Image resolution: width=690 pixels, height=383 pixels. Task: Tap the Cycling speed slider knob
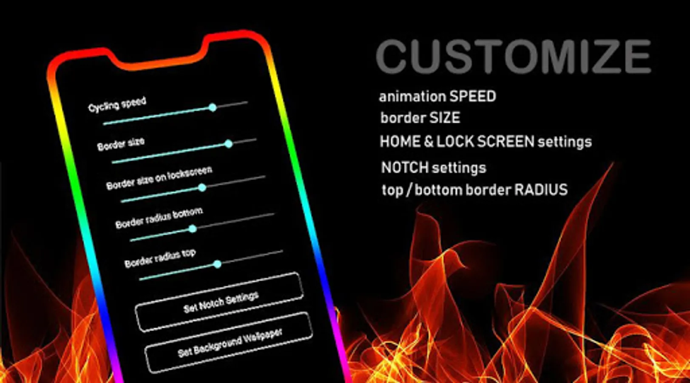(213, 108)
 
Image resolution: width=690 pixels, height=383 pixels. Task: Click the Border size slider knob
(229, 144)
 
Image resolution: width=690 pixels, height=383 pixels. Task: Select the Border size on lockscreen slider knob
(202, 188)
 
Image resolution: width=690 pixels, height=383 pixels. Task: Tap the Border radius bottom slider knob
(193, 229)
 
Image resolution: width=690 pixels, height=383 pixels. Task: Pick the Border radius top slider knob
(217, 264)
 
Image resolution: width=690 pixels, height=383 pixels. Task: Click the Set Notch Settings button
(219, 302)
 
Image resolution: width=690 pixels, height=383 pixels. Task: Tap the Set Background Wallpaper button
(229, 342)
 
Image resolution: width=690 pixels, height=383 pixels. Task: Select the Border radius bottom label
(159, 218)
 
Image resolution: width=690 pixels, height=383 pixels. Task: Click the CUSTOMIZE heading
(514, 57)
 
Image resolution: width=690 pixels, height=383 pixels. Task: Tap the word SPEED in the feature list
(473, 97)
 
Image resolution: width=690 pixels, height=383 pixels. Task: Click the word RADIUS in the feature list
(541, 190)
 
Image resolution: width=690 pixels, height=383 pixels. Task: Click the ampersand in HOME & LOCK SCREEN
(428, 142)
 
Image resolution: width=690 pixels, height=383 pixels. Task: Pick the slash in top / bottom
(409, 190)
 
